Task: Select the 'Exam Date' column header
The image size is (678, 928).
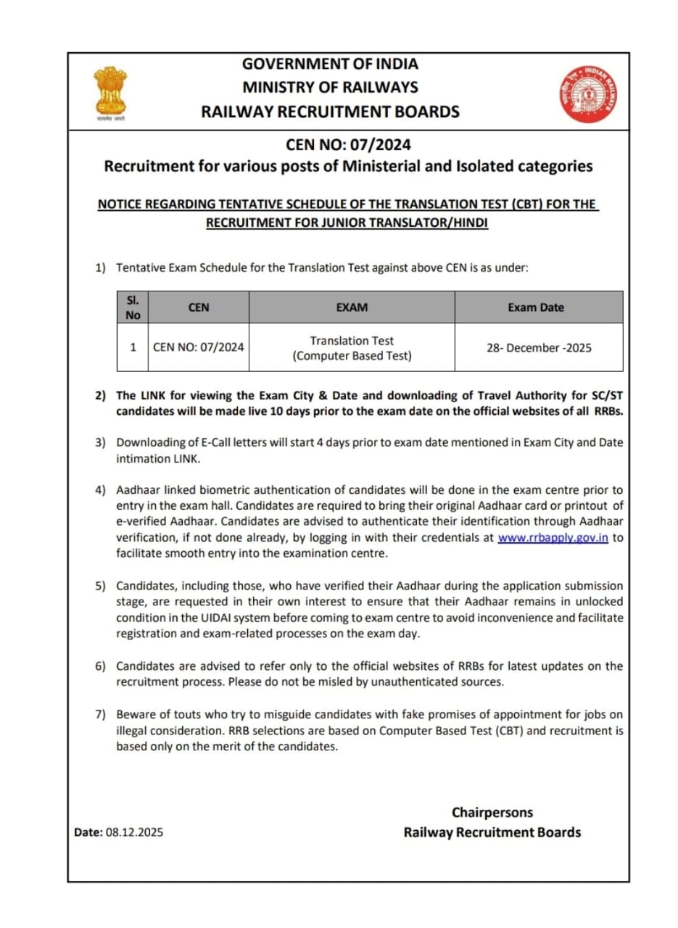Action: (535, 307)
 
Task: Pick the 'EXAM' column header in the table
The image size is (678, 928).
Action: (352, 307)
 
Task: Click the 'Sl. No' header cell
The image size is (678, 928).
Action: (133, 307)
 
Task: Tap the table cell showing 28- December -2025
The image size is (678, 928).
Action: (538, 348)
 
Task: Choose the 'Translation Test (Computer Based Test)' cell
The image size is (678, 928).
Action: (352, 348)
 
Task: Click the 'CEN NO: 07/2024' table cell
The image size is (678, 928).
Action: (199, 348)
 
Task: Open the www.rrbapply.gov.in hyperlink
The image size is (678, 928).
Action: (553, 538)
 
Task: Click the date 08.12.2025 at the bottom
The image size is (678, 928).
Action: (134, 832)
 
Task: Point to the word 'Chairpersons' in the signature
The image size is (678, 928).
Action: (492, 812)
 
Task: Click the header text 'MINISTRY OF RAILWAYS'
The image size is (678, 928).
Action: (330, 87)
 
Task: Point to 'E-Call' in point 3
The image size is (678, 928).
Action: (218, 442)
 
